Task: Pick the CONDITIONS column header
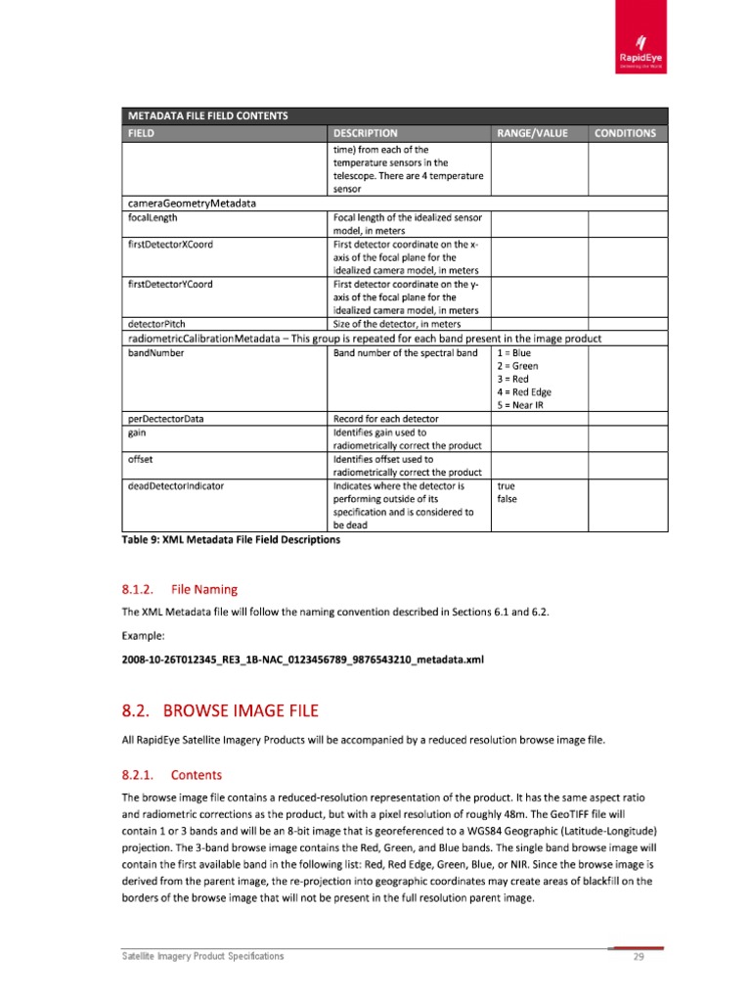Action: click(x=627, y=133)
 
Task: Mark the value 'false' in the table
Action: click(x=507, y=498)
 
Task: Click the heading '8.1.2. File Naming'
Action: click(x=178, y=589)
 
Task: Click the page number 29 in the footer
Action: click(x=638, y=957)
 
